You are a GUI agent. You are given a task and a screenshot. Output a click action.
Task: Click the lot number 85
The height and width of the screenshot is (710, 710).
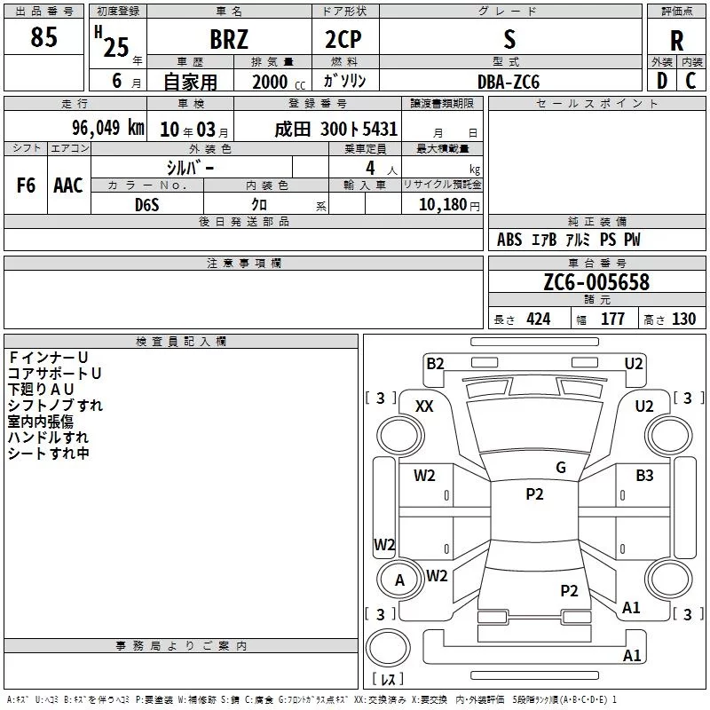pos(43,37)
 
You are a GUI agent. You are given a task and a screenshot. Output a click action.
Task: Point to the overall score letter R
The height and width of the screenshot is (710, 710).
pos(676,41)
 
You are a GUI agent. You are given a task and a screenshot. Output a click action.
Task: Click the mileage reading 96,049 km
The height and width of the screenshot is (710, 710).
pos(107,128)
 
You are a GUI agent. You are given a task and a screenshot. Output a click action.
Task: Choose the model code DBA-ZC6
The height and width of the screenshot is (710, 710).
pos(508,81)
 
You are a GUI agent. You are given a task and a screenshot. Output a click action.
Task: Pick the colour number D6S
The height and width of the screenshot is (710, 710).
pos(147,204)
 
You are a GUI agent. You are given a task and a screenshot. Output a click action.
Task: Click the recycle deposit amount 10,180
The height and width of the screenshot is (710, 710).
pos(443,204)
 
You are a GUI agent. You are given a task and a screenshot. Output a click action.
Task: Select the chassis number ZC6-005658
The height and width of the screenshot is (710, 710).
pos(596,282)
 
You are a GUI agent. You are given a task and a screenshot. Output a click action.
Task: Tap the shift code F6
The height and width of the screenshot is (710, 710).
pos(27,185)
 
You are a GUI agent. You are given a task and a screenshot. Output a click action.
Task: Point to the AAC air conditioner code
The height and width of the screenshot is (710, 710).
pos(68,185)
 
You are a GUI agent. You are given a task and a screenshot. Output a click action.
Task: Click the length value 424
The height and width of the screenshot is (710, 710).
pos(538,319)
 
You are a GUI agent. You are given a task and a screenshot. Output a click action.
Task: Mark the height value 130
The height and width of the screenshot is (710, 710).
pos(683,319)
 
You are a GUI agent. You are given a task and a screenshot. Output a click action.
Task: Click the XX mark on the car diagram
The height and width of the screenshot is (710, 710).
pos(424,406)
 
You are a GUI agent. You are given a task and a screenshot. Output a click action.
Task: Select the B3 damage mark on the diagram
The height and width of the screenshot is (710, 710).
pos(644,476)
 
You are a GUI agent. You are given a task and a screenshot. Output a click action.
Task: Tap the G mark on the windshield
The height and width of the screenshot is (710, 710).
pos(561,468)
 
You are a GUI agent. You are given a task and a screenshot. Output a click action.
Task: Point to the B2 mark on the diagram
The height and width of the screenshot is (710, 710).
pos(435,363)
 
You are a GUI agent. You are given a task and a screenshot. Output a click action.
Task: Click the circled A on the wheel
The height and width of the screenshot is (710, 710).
pos(399,580)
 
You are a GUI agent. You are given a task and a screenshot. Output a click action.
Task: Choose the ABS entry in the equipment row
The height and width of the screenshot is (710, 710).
pos(509,240)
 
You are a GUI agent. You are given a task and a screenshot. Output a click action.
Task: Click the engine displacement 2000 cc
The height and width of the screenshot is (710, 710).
pos(271,82)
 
